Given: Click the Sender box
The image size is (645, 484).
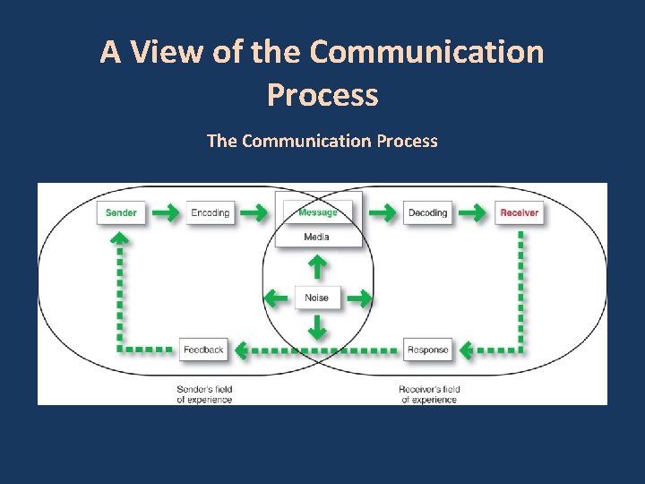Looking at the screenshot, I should click(x=121, y=212).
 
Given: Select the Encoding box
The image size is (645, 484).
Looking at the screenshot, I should click(x=211, y=212).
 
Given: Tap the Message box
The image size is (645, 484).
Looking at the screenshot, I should click(x=317, y=212).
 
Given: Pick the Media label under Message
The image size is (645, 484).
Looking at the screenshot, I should click(x=316, y=237).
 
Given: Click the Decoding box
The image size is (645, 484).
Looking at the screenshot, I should click(x=427, y=212).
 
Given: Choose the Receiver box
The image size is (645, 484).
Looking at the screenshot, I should click(x=520, y=212).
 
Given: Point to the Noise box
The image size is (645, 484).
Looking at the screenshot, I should click(x=317, y=298).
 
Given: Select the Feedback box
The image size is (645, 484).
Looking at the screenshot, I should click(x=203, y=350).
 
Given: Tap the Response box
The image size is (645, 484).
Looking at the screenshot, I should click(x=427, y=350).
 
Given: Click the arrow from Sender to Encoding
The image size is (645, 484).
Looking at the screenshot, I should click(x=164, y=213).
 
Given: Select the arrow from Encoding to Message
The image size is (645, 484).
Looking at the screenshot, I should click(x=254, y=213).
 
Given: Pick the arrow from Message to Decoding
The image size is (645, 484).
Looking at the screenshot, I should click(x=382, y=213).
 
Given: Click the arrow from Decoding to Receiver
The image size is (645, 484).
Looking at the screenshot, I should click(x=472, y=213).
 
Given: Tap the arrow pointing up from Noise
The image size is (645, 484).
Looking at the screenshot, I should click(x=316, y=265).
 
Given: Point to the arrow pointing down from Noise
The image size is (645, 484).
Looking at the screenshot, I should click(x=316, y=328).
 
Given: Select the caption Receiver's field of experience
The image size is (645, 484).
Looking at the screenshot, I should click(x=430, y=394).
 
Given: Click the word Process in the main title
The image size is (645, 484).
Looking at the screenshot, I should click(x=322, y=94).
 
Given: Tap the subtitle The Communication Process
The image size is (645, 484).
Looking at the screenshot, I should click(x=322, y=141).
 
